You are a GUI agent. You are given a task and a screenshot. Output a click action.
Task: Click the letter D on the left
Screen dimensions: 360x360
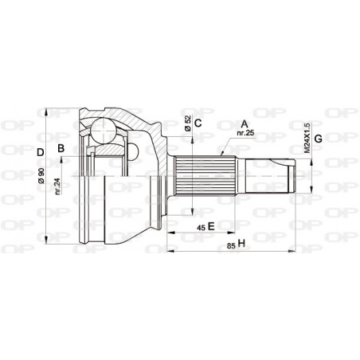[39, 151]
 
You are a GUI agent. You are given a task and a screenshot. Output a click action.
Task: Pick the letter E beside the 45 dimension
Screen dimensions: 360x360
[212, 227]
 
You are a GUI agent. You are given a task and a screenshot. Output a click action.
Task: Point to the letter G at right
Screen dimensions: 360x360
[319, 140]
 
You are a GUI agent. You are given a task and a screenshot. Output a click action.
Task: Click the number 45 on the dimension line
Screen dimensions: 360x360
[200, 227]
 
